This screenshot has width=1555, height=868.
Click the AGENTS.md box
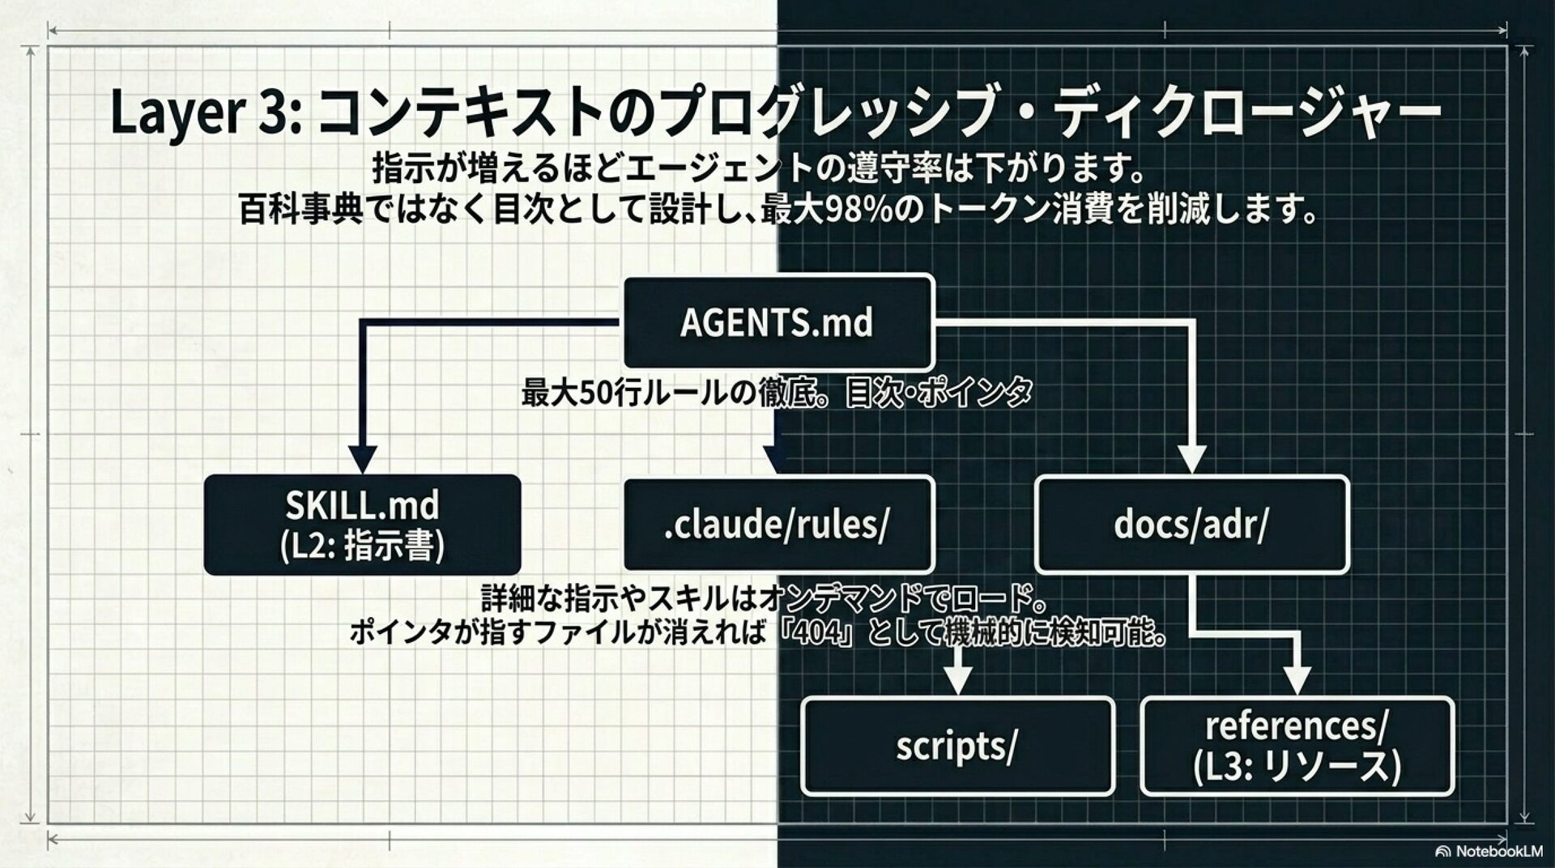777,322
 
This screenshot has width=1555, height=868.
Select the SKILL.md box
362,524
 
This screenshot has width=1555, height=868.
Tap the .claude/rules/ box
777,524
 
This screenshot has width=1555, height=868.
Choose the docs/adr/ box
1191,524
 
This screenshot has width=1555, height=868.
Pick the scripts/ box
956,746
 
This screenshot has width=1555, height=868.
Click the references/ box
1297,746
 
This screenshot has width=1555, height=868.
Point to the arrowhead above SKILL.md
362,458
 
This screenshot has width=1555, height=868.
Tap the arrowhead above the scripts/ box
959,680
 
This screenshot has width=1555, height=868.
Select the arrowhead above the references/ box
1297,680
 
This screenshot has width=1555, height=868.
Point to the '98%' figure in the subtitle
860,211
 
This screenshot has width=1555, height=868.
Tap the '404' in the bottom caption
820,632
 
